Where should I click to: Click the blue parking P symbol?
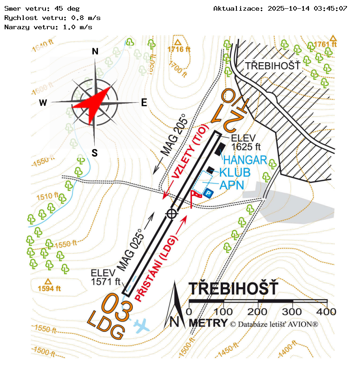[x=208, y=193]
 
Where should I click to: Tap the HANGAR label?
[x=245, y=160]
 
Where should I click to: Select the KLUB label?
[x=235, y=172]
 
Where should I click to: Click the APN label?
[x=232, y=185]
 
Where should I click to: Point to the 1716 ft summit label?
[x=179, y=49]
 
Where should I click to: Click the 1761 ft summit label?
[x=325, y=44]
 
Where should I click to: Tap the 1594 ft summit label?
[x=49, y=288]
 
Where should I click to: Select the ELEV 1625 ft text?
[x=246, y=143]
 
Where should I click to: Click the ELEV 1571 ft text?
[x=105, y=277]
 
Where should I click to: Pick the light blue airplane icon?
[x=142, y=326]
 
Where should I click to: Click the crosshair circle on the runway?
[x=172, y=214]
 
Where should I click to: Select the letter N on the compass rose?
[x=95, y=51]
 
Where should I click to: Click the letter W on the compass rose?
[x=43, y=103]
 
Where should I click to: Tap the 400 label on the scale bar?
[x=326, y=312]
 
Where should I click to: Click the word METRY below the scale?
[x=209, y=323]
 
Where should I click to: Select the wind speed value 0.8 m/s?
[x=86, y=18]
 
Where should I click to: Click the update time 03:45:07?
[x=330, y=8]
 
